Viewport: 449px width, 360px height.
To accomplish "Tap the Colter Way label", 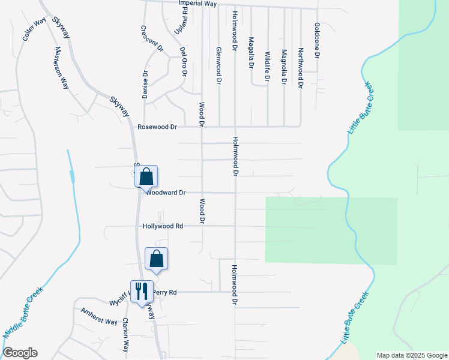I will [x=34, y=30].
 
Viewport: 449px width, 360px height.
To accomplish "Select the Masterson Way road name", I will [x=62, y=68].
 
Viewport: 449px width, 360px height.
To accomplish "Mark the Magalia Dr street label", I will [x=251, y=53].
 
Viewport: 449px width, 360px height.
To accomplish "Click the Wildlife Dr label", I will [x=268, y=66].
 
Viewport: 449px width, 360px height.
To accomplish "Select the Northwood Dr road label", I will [x=300, y=69].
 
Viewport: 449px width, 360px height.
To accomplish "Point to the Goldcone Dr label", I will [x=316, y=40].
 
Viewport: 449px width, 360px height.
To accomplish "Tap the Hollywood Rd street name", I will [x=163, y=226].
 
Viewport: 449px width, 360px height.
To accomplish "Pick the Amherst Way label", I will [x=100, y=317].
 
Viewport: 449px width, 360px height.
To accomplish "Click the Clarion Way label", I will [x=126, y=335].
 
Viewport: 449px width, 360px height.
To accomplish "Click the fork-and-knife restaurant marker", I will [x=142, y=292].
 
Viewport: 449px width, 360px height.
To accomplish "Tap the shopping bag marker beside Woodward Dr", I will [x=146, y=177].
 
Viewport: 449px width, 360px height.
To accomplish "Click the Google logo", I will [x=20, y=353].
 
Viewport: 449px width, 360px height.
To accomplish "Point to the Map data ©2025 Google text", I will [x=412, y=355].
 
